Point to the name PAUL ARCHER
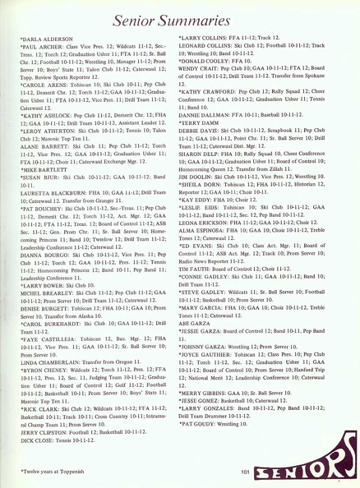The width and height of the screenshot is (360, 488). (x=43, y=47)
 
